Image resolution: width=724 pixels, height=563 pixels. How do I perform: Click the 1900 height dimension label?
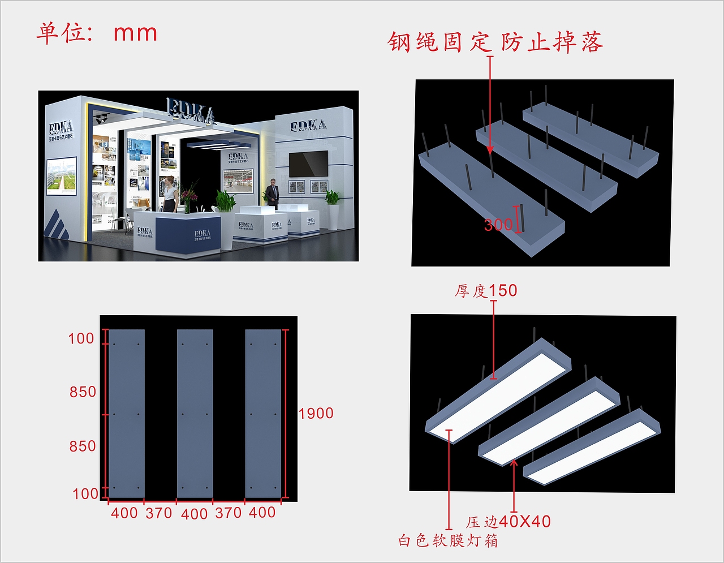[316, 414]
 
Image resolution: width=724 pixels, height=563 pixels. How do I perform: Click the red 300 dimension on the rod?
[498, 225]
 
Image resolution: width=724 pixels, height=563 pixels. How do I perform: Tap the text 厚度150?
[486, 291]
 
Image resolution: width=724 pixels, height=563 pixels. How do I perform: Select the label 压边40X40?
[508, 522]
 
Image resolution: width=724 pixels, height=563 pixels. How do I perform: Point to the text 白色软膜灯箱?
[448, 541]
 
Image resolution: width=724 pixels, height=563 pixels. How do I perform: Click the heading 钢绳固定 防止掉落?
[495, 42]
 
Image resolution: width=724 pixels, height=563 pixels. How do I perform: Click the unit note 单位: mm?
[97, 33]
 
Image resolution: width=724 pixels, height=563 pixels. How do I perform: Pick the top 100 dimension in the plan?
[81, 339]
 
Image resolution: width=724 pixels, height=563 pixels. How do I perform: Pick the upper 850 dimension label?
[83, 392]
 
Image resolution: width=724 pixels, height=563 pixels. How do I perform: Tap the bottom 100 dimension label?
[85, 494]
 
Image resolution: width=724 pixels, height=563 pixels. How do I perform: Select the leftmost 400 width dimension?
[124, 513]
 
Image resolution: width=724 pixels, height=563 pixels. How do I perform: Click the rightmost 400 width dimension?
[262, 513]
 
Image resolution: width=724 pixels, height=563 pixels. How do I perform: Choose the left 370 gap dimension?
[159, 513]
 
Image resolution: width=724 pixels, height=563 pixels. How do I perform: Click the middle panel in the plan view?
[195, 413]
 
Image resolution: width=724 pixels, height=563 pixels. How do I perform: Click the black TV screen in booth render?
[308, 164]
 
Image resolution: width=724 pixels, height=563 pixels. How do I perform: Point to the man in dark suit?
[273, 192]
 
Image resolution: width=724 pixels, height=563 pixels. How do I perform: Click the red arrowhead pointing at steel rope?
[490, 149]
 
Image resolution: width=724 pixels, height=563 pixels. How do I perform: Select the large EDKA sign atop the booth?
[191, 110]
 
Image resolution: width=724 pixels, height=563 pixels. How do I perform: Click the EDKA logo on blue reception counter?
[202, 234]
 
